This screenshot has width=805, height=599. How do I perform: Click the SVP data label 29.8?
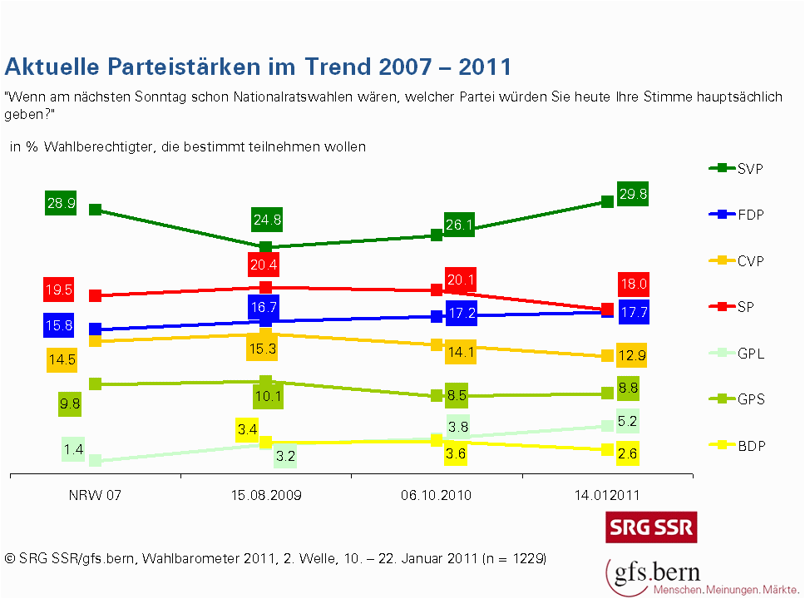tap(632, 194)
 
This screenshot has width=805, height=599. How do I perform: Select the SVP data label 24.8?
tap(265, 220)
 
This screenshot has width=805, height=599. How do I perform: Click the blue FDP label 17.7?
tap(634, 312)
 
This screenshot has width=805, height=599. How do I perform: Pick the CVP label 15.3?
tap(262, 349)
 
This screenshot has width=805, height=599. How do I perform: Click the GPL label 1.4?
tap(73, 450)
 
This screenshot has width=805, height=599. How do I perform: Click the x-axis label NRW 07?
tap(95, 495)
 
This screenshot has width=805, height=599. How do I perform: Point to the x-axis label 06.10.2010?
tap(436, 495)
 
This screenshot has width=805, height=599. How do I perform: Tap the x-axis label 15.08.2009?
tap(265, 495)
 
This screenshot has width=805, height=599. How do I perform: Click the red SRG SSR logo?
tap(650, 527)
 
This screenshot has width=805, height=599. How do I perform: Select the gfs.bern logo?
tap(654, 574)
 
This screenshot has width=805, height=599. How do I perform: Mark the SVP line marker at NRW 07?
tap(95, 210)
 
